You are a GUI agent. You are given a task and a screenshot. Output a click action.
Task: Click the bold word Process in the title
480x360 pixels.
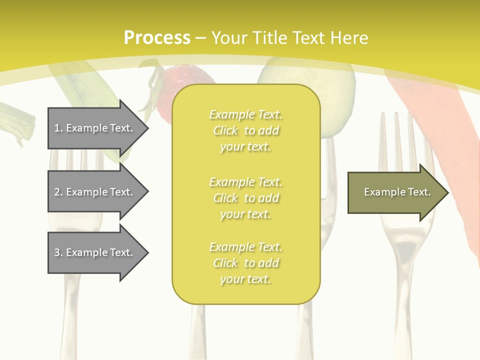[157, 38]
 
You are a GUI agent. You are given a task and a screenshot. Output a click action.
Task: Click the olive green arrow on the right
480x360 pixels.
[395, 192]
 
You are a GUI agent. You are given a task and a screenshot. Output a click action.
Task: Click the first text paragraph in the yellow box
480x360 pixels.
[245, 130]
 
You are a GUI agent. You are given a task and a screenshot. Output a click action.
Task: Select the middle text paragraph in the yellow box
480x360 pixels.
[245, 198]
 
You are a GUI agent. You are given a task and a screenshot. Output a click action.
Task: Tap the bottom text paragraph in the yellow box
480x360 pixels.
[245, 263]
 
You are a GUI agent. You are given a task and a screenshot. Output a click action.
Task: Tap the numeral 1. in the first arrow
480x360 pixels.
[58, 128]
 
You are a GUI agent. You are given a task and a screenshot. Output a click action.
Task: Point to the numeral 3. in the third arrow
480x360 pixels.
[58, 252]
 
